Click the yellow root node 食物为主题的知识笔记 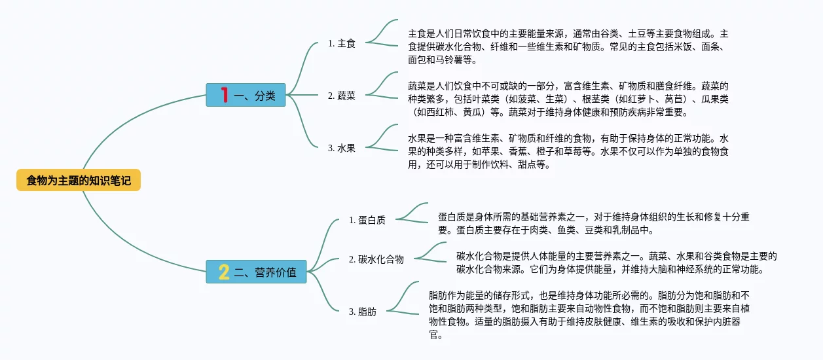click(x=79, y=180)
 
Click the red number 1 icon click(x=224, y=95)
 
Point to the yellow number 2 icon click(x=224, y=272)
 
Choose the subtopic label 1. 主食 click(x=341, y=43)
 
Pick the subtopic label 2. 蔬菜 click(x=341, y=96)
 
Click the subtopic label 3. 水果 click(x=341, y=148)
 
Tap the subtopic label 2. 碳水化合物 click(x=376, y=259)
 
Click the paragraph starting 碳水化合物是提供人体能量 click(x=615, y=262)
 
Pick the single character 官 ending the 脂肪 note click(x=433, y=335)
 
